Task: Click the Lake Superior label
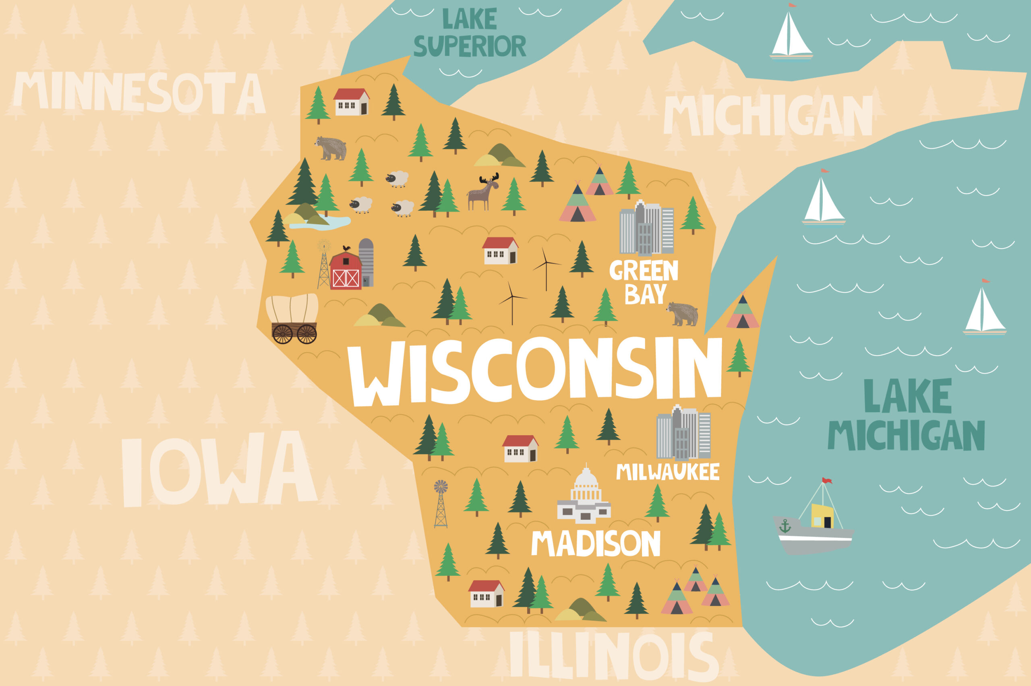(x=470, y=33)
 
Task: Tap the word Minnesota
(x=139, y=92)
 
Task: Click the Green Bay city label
(x=644, y=282)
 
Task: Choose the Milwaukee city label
(x=667, y=472)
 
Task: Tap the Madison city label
(x=596, y=543)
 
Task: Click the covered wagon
(x=292, y=318)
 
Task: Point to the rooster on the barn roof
(x=347, y=248)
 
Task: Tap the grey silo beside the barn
(x=366, y=262)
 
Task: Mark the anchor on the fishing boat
(x=785, y=526)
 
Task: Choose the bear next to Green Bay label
(x=683, y=314)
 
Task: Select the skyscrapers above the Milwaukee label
(x=683, y=433)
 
